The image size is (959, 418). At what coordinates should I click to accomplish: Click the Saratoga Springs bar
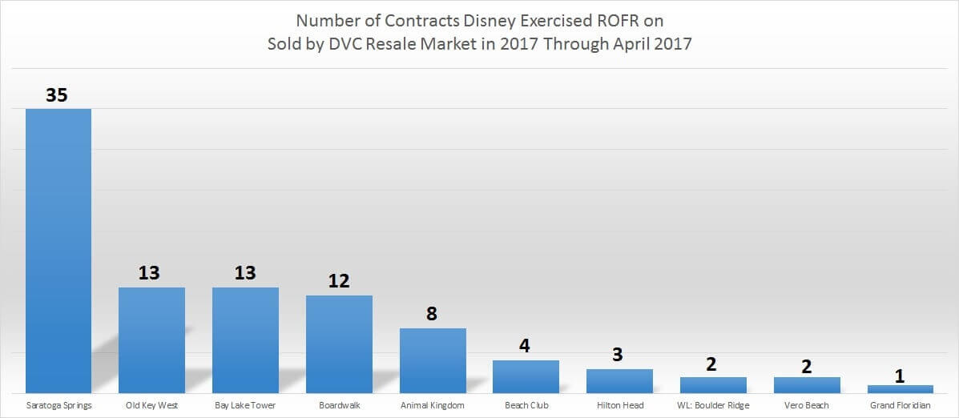58,251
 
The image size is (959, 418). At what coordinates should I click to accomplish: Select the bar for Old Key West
151,340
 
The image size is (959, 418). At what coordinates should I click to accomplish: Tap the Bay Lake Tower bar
245,340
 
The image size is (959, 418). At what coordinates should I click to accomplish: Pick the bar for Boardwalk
339,344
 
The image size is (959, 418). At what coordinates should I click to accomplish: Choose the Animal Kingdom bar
433,360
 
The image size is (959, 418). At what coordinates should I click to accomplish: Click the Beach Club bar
526,376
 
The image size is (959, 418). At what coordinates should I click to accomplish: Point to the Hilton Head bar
619,381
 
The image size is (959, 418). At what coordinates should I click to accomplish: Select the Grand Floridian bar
900,389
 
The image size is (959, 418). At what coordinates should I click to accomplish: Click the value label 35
57,95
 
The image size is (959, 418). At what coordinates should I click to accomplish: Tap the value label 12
339,282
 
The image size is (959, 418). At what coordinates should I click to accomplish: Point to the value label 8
432,314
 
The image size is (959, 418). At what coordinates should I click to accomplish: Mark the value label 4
526,347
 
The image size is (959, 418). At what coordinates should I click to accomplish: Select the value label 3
619,355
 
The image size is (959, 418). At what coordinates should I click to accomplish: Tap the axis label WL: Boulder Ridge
713,405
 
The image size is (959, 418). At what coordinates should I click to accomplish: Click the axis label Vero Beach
806,405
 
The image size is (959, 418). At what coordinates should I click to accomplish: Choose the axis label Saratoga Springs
58,405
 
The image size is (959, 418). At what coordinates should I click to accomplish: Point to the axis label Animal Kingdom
433,405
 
